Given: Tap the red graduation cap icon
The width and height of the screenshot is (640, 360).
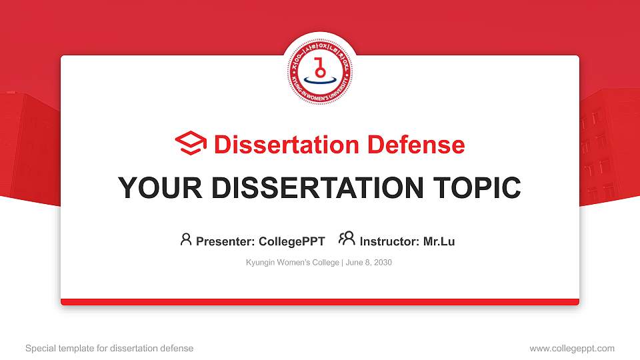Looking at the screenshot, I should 191,144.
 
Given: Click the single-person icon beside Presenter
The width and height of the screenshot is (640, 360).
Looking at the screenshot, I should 186,239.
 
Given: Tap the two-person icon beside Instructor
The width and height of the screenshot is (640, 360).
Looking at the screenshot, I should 347,239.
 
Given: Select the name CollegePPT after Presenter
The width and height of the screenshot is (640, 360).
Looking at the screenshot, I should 292,241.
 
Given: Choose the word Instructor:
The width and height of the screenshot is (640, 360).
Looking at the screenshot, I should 389,241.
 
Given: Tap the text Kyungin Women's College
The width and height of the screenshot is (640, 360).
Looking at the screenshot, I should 293,263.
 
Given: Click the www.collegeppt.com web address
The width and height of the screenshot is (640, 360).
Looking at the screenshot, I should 571,348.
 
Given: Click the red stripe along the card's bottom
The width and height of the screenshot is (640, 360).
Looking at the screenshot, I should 320,302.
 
